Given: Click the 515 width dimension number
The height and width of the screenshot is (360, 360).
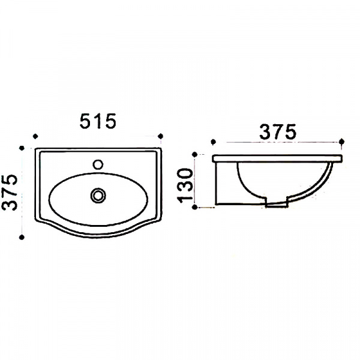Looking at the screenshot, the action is point(98,121).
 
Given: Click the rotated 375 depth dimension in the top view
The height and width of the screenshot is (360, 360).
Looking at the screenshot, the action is point(10,193).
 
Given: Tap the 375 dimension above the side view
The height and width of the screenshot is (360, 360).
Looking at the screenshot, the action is point(278,132).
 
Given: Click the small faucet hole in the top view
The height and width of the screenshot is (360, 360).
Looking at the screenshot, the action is point(98,164).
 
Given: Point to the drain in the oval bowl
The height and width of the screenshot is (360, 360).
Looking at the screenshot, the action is point(98,196).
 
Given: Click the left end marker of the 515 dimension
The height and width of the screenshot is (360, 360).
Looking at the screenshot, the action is point(35,136).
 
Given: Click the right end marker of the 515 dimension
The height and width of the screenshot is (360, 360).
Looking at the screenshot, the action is point(161,136).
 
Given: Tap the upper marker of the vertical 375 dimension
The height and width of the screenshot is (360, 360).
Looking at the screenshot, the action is point(22,148).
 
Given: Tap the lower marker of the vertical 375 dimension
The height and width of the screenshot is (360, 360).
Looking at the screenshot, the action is point(22,237).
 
